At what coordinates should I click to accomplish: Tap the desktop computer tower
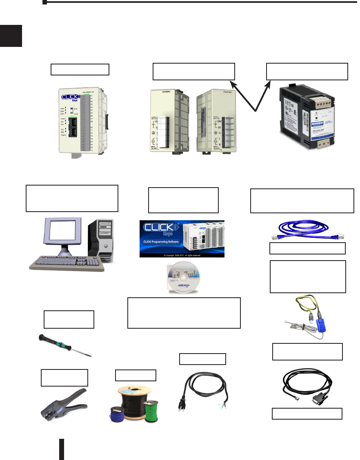[103, 239]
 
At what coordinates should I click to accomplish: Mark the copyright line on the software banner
[182, 255]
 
